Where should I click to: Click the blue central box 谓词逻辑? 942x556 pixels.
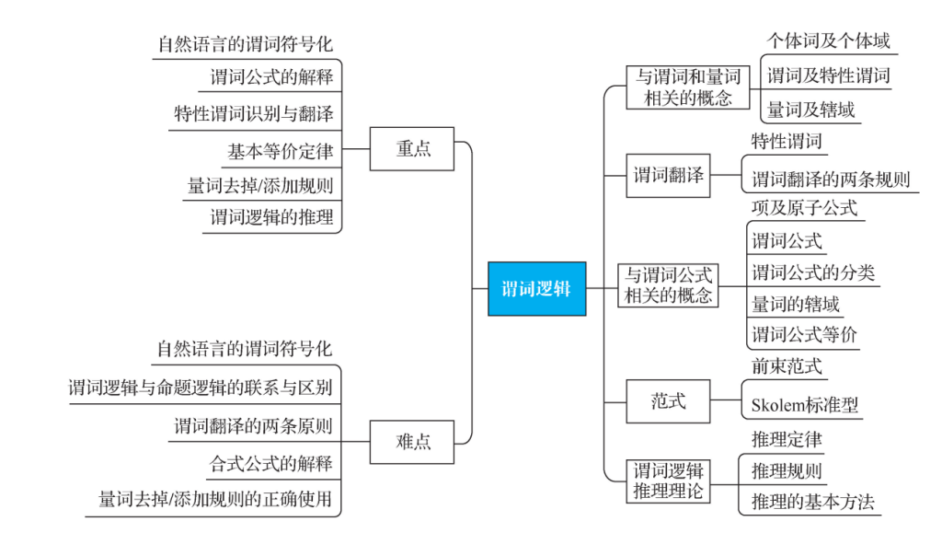[536, 288]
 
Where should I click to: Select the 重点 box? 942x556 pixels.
[412, 148]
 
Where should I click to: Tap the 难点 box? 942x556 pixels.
[412, 442]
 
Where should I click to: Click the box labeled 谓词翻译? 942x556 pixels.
[668, 176]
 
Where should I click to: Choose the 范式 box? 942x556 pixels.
[668, 401]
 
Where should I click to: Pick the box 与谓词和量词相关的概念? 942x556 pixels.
[688, 87]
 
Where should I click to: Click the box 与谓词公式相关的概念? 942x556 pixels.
[668, 285]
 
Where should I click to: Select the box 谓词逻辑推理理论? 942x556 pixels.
[668, 481]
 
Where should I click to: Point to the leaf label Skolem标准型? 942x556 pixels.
[804, 405]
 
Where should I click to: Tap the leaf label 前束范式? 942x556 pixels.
[787, 366]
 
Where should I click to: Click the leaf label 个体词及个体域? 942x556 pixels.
[829, 41]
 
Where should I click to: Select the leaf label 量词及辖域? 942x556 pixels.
[811, 110]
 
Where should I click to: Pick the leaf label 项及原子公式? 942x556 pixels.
[804, 208]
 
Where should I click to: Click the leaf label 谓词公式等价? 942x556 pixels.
[804, 334]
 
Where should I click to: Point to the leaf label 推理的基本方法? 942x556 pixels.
[813, 502]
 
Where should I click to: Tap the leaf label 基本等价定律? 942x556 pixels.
[280, 152]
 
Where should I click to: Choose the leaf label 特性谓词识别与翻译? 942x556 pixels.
[254, 113]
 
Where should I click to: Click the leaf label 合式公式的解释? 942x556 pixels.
[271, 463]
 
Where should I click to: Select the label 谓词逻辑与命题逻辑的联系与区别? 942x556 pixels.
[200, 388]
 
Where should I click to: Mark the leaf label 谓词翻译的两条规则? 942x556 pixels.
[831, 180]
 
